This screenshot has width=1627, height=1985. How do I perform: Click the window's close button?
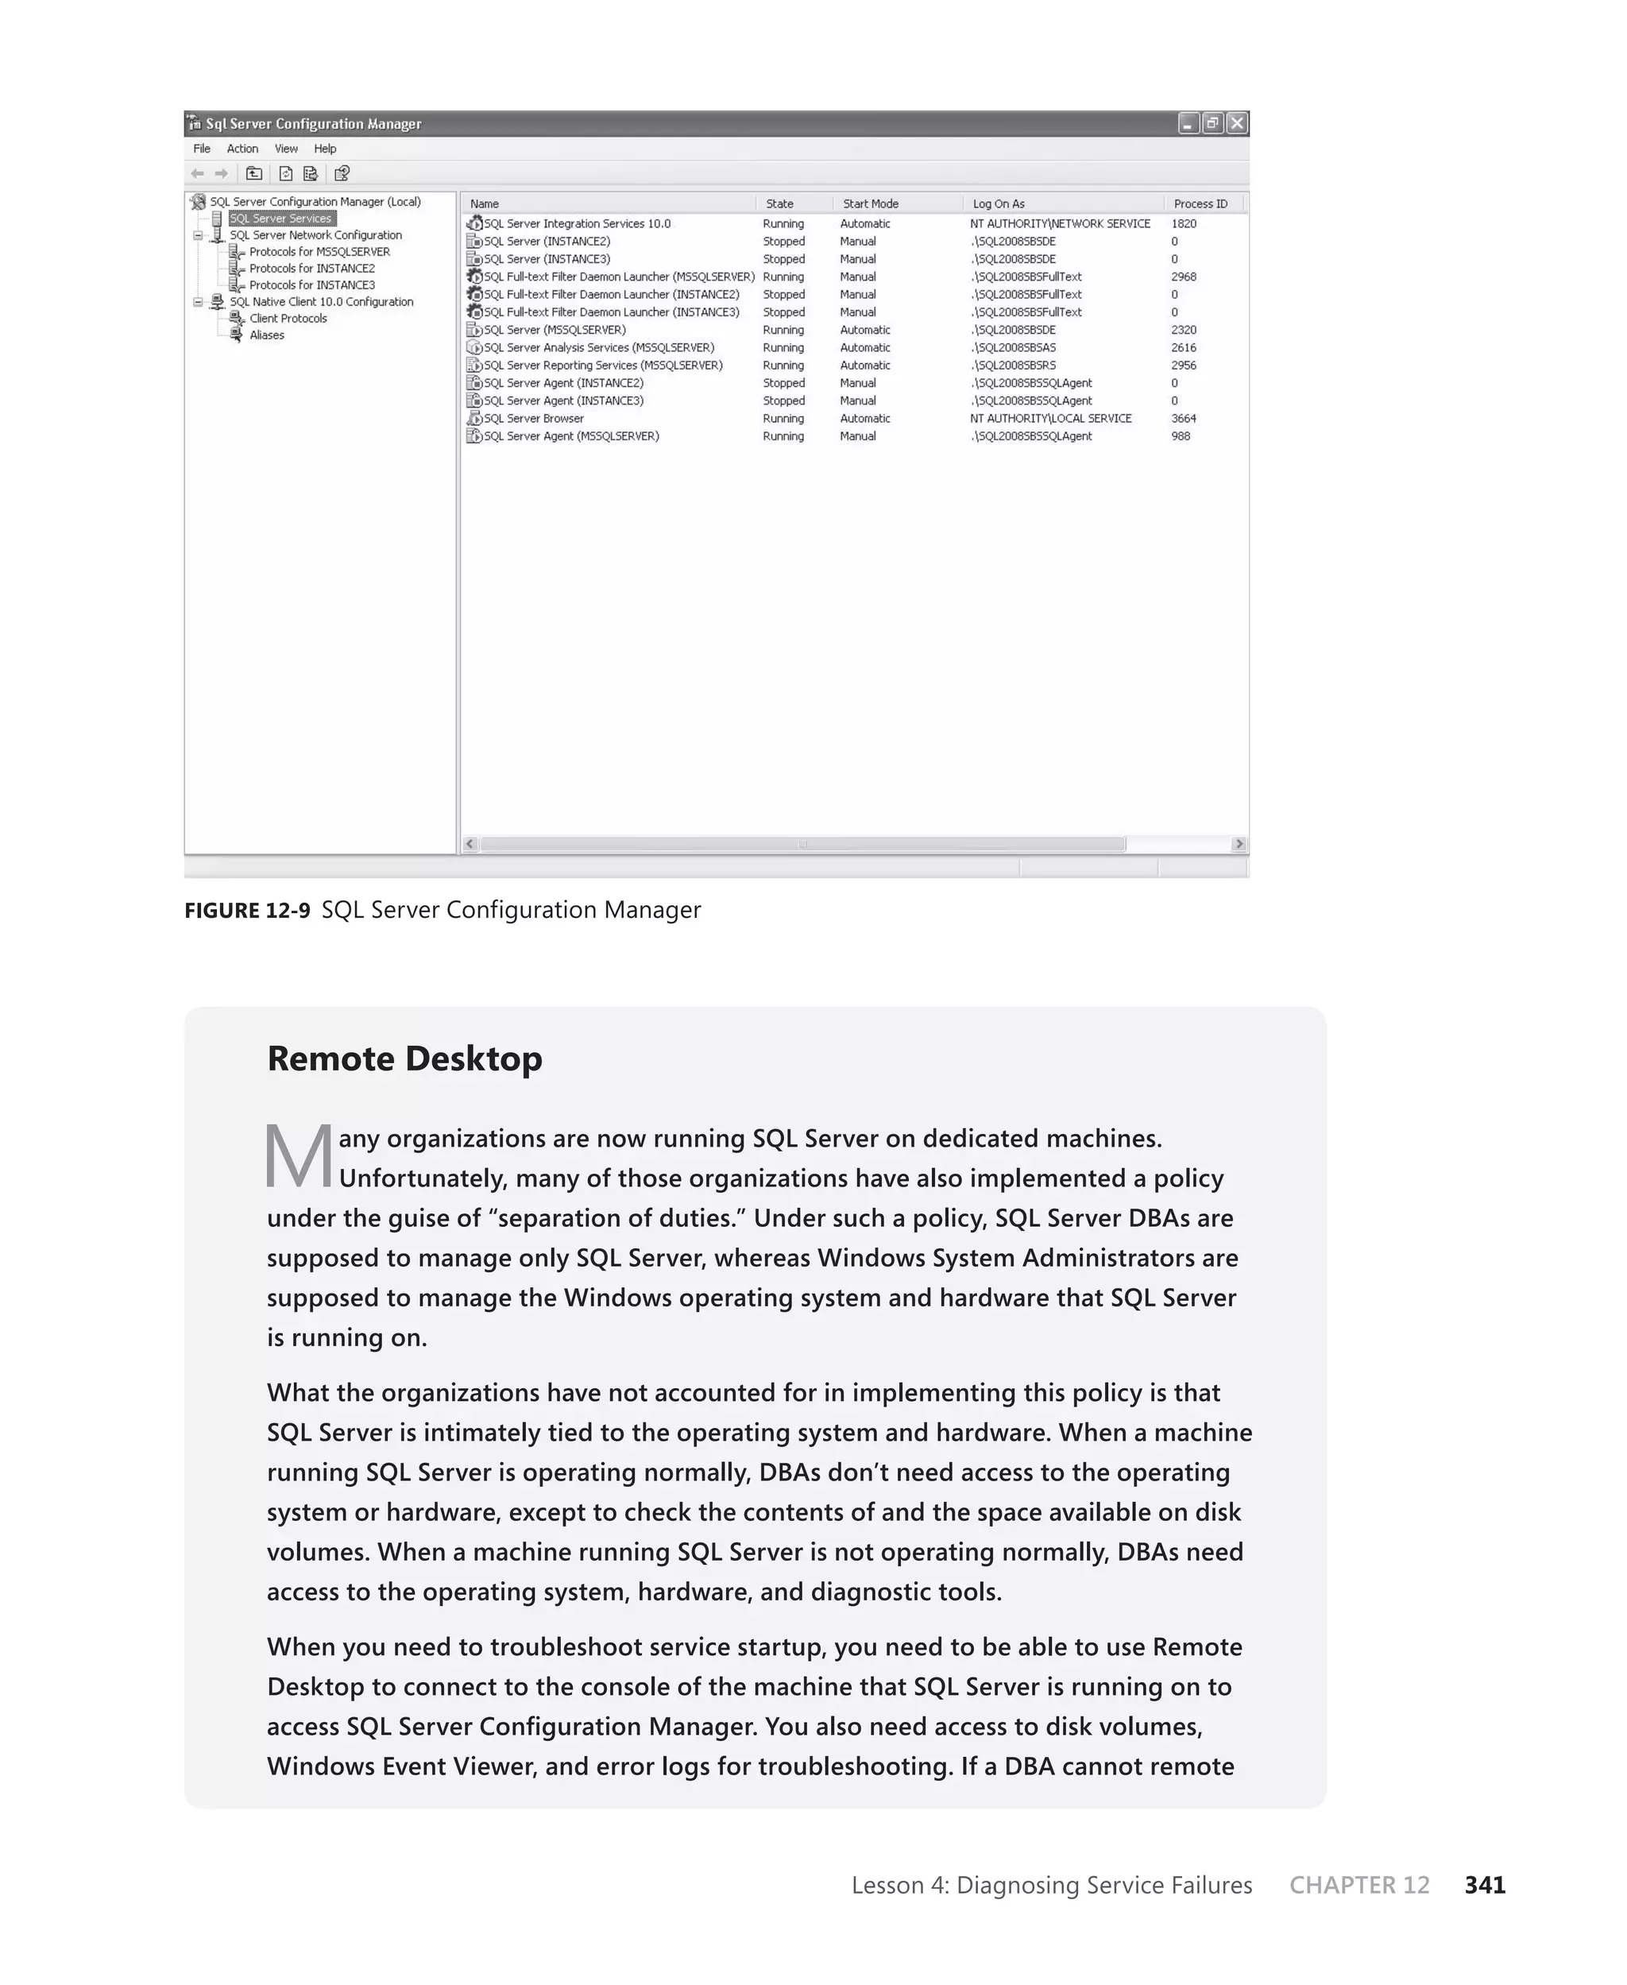pyautogui.click(x=1237, y=123)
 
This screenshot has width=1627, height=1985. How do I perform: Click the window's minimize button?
pyautogui.click(x=1188, y=123)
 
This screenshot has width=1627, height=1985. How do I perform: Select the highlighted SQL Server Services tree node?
pyautogui.click(x=280, y=219)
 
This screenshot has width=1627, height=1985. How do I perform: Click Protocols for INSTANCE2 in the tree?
pyautogui.click(x=311, y=268)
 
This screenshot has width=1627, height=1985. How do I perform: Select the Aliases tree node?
pyautogui.click(x=266, y=335)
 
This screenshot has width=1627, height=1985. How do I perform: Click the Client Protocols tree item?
pyautogui.click(x=288, y=319)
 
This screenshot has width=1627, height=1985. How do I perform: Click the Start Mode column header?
pyautogui.click(x=870, y=203)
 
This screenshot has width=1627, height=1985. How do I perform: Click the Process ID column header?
pyautogui.click(x=1200, y=203)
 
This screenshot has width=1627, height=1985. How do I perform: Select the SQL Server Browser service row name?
pyautogui.click(x=533, y=419)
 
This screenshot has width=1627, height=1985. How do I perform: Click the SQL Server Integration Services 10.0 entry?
pyautogui.click(x=577, y=224)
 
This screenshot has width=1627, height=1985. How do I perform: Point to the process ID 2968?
pyautogui.click(x=1183, y=277)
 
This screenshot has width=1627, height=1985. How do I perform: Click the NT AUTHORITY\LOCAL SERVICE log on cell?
pyautogui.click(x=1049, y=419)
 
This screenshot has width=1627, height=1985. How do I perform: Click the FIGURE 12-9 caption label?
pyautogui.click(x=246, y=911)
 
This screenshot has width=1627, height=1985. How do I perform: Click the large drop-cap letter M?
pyautogui.click(x=298, y=1156)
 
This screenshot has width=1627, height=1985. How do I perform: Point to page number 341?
pyautogui.click(x=1485, y=1885)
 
